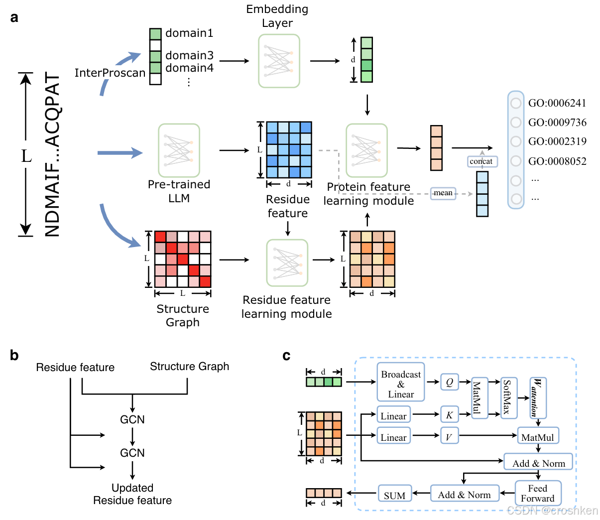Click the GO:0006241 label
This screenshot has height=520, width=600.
point(557,103)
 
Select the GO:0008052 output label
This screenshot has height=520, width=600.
point(557,161)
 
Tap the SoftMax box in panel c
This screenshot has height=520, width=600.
point(508,397)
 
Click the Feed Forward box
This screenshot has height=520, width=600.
point(538,493)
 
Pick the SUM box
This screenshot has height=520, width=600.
point(394,495)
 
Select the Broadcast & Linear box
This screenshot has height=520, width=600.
point(401,384)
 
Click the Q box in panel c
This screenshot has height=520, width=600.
point(450,382)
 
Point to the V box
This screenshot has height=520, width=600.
point(449,437)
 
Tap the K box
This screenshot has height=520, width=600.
point(449,414)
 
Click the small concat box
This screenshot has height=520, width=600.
point(481,161)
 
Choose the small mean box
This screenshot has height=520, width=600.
point(443,193)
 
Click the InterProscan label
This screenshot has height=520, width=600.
point(110,73)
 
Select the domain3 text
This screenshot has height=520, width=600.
point(189,55)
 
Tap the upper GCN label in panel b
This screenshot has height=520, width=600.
point(132,419)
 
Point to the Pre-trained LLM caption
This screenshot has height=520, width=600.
point(179,191)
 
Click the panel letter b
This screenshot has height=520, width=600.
point(14,355)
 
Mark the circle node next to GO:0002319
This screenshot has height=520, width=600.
point(516,141)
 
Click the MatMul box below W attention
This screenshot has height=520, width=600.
point(538,437)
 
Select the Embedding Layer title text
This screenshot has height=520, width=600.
point(277,16)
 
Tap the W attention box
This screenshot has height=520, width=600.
point(537,397)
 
